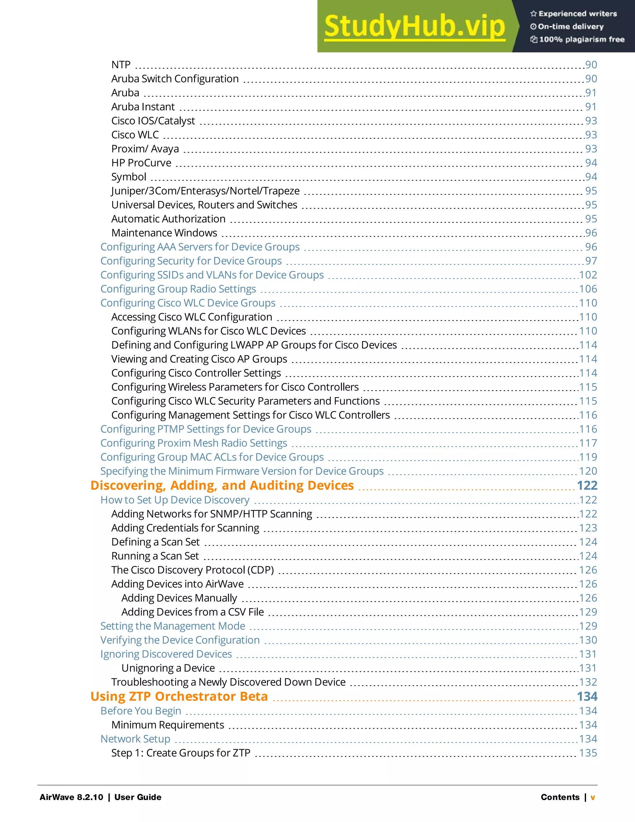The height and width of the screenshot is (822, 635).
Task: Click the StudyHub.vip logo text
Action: click(414, 26)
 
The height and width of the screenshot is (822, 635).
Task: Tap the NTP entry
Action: click(121, 65)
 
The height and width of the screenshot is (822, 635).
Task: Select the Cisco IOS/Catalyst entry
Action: click(153, 121)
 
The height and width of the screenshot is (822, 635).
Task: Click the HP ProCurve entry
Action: click(141, 163)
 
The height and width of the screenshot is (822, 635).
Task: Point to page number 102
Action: click(588, 275)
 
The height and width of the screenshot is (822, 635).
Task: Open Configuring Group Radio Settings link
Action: click(178, 289)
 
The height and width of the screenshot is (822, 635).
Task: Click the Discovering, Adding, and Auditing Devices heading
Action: click(222, 485)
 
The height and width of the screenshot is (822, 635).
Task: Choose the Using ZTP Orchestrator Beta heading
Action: click(179, 697)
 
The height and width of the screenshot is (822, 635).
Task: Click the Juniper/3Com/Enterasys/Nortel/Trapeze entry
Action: click(205, 191)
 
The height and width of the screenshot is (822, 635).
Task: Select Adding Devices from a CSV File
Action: click(192, 612)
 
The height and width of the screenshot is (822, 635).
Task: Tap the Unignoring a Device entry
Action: click(168, 668)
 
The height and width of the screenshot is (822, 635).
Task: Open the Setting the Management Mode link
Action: click(173, 626)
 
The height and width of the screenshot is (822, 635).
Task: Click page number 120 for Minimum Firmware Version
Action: click(588, 471)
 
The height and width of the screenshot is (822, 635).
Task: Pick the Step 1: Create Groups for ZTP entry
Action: click(180, 753)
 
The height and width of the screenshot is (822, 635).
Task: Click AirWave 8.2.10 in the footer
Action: click(71, 797)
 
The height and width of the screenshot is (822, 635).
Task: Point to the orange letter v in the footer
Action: click(593, 797)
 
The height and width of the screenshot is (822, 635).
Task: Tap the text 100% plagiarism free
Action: click(582, 39)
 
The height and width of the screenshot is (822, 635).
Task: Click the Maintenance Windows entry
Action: click(164, 233)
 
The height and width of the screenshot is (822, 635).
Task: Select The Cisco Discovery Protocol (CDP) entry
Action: click(192, 570)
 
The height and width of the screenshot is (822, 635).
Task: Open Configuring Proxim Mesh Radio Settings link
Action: click(194, 443)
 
